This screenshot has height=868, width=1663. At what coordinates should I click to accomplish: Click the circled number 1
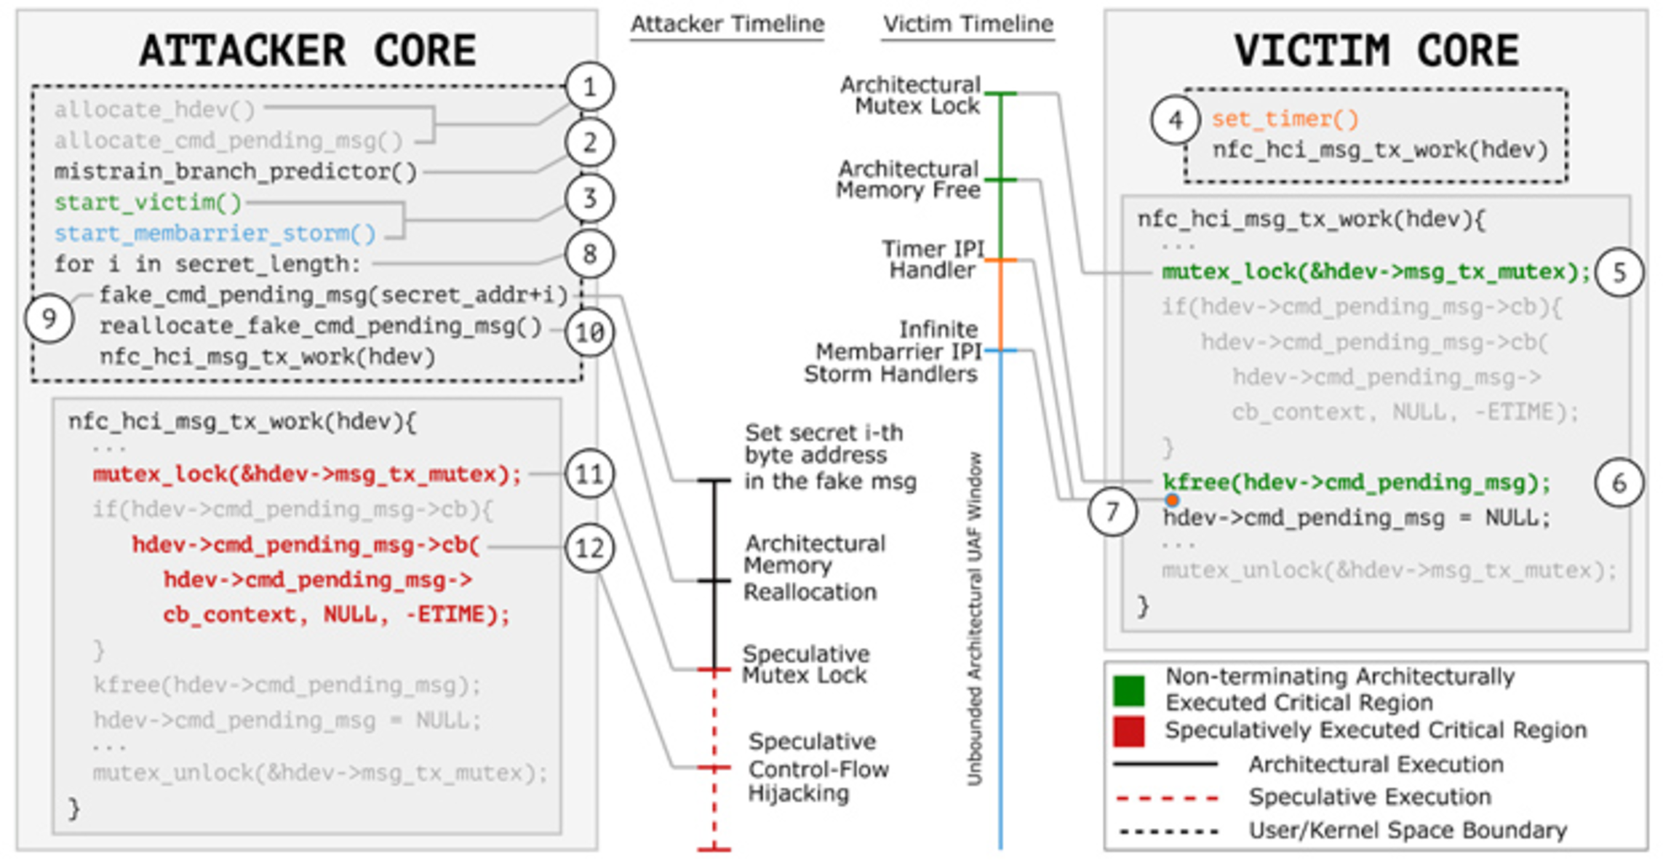click(589, 87)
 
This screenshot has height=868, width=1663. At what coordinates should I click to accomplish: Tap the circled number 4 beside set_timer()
click(1176, 120)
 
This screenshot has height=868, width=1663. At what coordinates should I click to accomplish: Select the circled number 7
click(1112, 512)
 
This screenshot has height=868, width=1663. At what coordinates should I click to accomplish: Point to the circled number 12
click(589, 548)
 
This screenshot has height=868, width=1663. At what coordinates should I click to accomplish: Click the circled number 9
click(49, 319)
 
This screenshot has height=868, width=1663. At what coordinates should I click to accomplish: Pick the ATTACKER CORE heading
click(308, 51)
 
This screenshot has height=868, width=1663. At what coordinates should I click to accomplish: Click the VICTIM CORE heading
click(1376, 51)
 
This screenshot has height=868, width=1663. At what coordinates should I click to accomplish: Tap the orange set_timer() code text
click(1285, 119)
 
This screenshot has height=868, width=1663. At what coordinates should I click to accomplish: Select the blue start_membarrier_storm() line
click(215, 234)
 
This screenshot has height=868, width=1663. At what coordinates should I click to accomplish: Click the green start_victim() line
click(148, 202)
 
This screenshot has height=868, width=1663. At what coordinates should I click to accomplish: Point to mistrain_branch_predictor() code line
click(236, 172)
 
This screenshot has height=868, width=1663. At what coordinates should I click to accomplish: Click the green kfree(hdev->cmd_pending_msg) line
click(1357, 482)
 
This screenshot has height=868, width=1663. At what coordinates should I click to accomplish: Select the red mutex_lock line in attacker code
click(307, 474)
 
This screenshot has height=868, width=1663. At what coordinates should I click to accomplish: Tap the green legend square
click(1128, 690)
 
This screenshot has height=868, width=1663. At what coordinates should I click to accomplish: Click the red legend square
click(1128, 731)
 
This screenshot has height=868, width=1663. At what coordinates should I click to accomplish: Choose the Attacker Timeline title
click(727, 24)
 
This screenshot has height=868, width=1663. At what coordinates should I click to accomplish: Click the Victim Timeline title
click(968, 24)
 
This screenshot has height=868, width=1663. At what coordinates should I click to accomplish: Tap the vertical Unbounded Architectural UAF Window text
click(975, 618)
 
